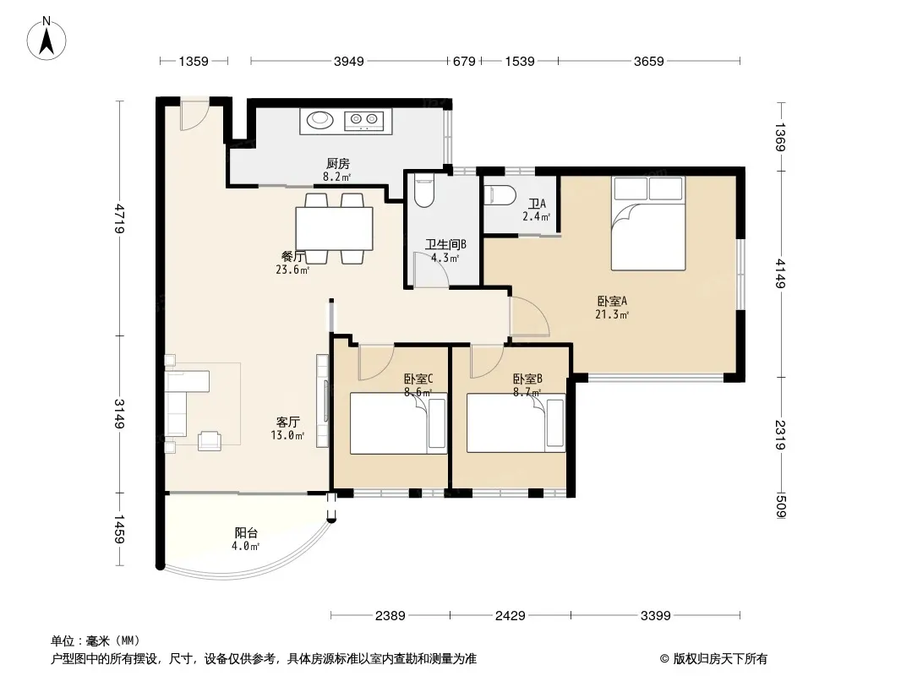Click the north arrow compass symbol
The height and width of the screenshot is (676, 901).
(x=46, y=39)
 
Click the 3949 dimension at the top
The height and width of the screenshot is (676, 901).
(x=349, y=61)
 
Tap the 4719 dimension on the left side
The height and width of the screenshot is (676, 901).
(x=119, y=218)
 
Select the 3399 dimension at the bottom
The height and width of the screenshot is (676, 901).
(x=656, y=616)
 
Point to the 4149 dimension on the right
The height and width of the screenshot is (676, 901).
(x=780, y=274)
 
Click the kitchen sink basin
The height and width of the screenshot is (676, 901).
(x=319, y=121)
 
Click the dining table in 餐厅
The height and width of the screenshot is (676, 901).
(x=334, y=228)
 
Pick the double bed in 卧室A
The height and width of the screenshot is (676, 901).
(x=648, y=223)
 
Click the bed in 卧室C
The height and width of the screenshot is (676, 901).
(x=398, y=423)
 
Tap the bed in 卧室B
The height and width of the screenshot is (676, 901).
(x=516, y=423)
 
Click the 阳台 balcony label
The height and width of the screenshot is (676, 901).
(x=246, y=533)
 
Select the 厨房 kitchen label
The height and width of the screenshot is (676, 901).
(x=337, y=164)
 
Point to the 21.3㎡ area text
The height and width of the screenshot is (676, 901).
(x=612, y=314)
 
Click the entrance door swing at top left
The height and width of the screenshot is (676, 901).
(x=194, y=117)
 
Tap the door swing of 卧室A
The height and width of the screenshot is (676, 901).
(x=528, y=317)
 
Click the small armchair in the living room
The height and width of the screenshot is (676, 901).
(x=209, y=440)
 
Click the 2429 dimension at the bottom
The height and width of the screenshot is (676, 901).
(x=511, y=616)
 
